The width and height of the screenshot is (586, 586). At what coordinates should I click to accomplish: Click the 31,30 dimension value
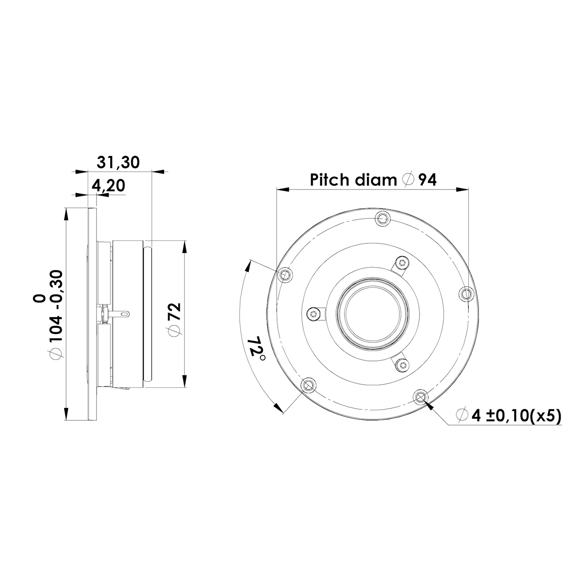(118, 162)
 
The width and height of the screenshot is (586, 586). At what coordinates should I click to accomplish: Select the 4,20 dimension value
(108, 186)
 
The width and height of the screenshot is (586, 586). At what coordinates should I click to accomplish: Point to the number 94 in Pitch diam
(427, 180)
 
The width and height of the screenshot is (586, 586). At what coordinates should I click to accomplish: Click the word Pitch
(329, 180)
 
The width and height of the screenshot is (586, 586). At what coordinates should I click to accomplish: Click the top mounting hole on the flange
(382, 218)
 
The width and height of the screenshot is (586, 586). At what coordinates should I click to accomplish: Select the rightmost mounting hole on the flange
(467, 293)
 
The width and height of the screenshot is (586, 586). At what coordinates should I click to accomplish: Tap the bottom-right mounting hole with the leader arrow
(421, 397)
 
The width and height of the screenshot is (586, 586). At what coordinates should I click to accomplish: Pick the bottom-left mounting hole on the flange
(309, 385)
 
